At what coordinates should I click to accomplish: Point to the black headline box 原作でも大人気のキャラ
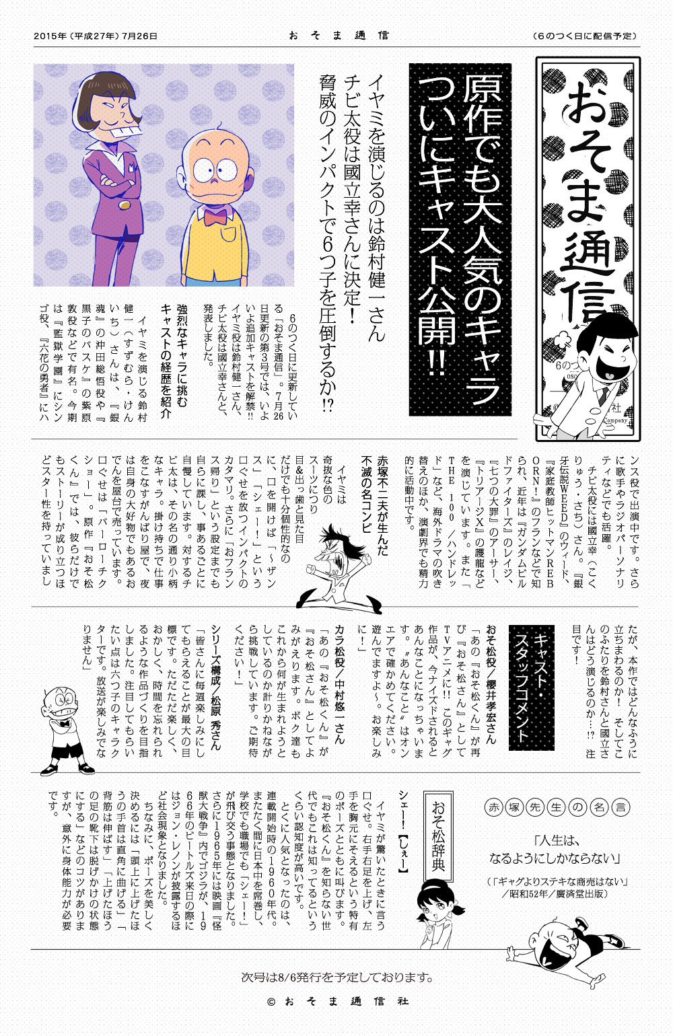coord(460,239)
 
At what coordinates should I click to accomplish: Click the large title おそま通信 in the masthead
coord(588,202)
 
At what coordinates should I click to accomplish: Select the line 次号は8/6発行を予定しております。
coord(336,977)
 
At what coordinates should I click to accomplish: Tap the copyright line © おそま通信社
coord(336,1002)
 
